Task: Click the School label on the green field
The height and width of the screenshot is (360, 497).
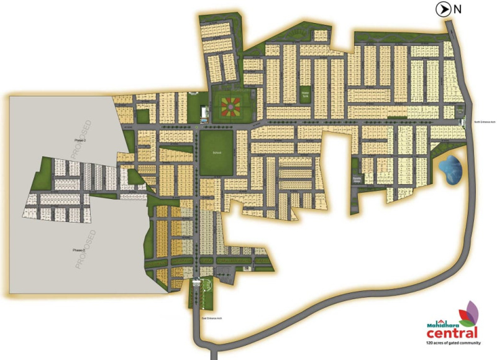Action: (x=216, y=152)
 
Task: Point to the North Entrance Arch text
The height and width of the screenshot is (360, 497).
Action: (x=482, y=122)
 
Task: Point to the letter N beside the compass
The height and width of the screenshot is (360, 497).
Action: (x=458, y=9)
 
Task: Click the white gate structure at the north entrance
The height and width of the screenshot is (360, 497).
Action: (x=462, y=122)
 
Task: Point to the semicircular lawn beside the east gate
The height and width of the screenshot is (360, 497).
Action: (x=209, y=290)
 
